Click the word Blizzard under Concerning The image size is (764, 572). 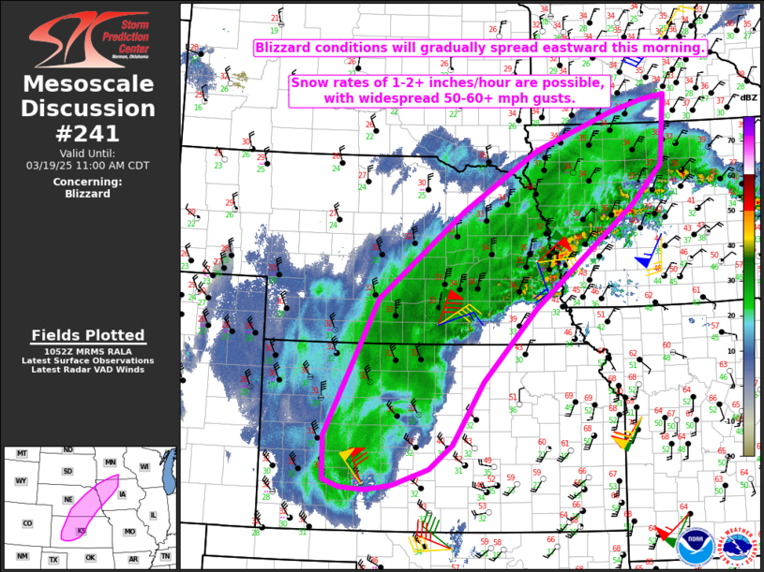coord(88,194)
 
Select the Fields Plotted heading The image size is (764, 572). coord(88,335)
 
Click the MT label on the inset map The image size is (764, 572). coord(22,454)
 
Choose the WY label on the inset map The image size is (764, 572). coord(22,481)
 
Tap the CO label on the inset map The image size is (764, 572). coord(28,523)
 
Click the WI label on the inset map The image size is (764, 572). coord(144,467)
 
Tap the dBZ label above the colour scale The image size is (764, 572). coord(748,97)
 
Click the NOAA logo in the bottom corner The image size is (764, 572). coord(695,546)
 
